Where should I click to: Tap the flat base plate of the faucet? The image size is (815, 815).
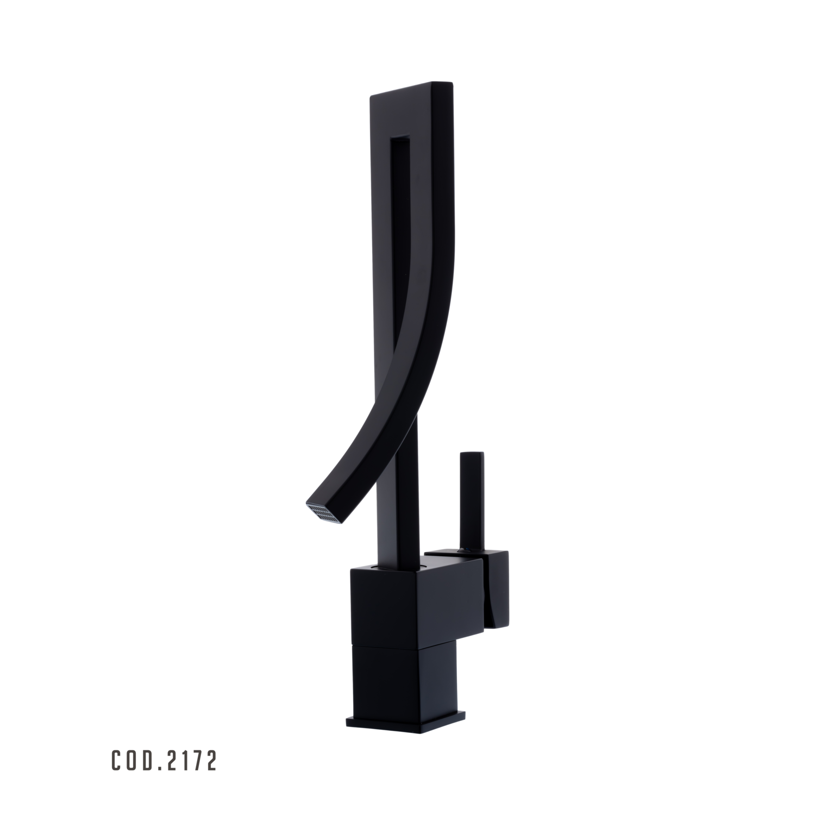click(406, 722)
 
